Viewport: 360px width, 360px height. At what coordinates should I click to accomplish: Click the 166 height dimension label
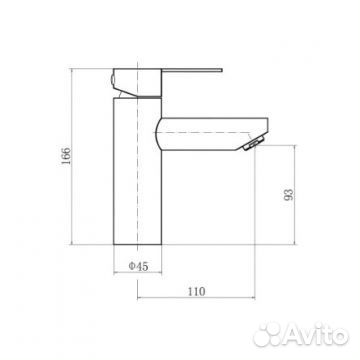66,155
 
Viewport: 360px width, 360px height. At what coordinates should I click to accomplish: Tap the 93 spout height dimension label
289,195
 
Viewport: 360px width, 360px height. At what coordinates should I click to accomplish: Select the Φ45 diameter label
138,266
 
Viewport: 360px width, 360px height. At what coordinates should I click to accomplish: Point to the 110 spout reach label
196,292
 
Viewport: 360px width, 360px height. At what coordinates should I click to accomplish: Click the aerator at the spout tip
254,144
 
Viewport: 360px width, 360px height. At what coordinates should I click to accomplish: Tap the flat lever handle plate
192,70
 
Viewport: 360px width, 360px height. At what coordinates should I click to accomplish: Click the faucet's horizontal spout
212,134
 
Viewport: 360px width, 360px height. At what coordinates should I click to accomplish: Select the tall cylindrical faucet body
138,171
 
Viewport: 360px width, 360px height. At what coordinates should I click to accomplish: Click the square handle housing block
138,83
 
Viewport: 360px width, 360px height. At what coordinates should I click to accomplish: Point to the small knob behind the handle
112,80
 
